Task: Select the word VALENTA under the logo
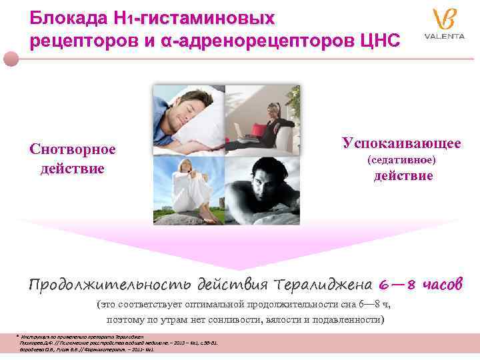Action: tap(443, 36)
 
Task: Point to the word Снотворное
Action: tap(73, 149)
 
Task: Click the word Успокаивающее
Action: tap(401, 143)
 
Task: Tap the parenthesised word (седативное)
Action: tap(402, 160)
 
